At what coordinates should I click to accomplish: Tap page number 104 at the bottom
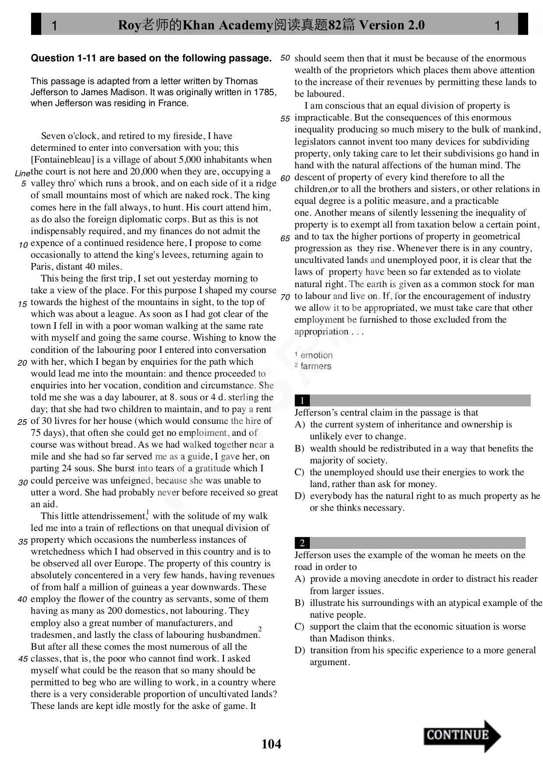(x=271, y=744)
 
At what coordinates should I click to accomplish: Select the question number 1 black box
(x=302, y=400)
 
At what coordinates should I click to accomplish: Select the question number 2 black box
(x=302, y=543)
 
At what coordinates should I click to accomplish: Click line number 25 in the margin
(x=22, y=422)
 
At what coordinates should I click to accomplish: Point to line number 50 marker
(x=285, y=58)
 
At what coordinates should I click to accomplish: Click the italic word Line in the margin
(x=22, y=174)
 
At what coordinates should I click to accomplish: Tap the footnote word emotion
(x=316, y=355)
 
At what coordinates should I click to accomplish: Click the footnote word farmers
(x=316, y=366)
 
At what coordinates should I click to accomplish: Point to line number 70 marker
(x=285, y=297)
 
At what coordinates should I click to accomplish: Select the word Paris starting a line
(x=42, y=267)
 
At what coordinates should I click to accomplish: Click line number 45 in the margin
(x=22, y=659)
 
